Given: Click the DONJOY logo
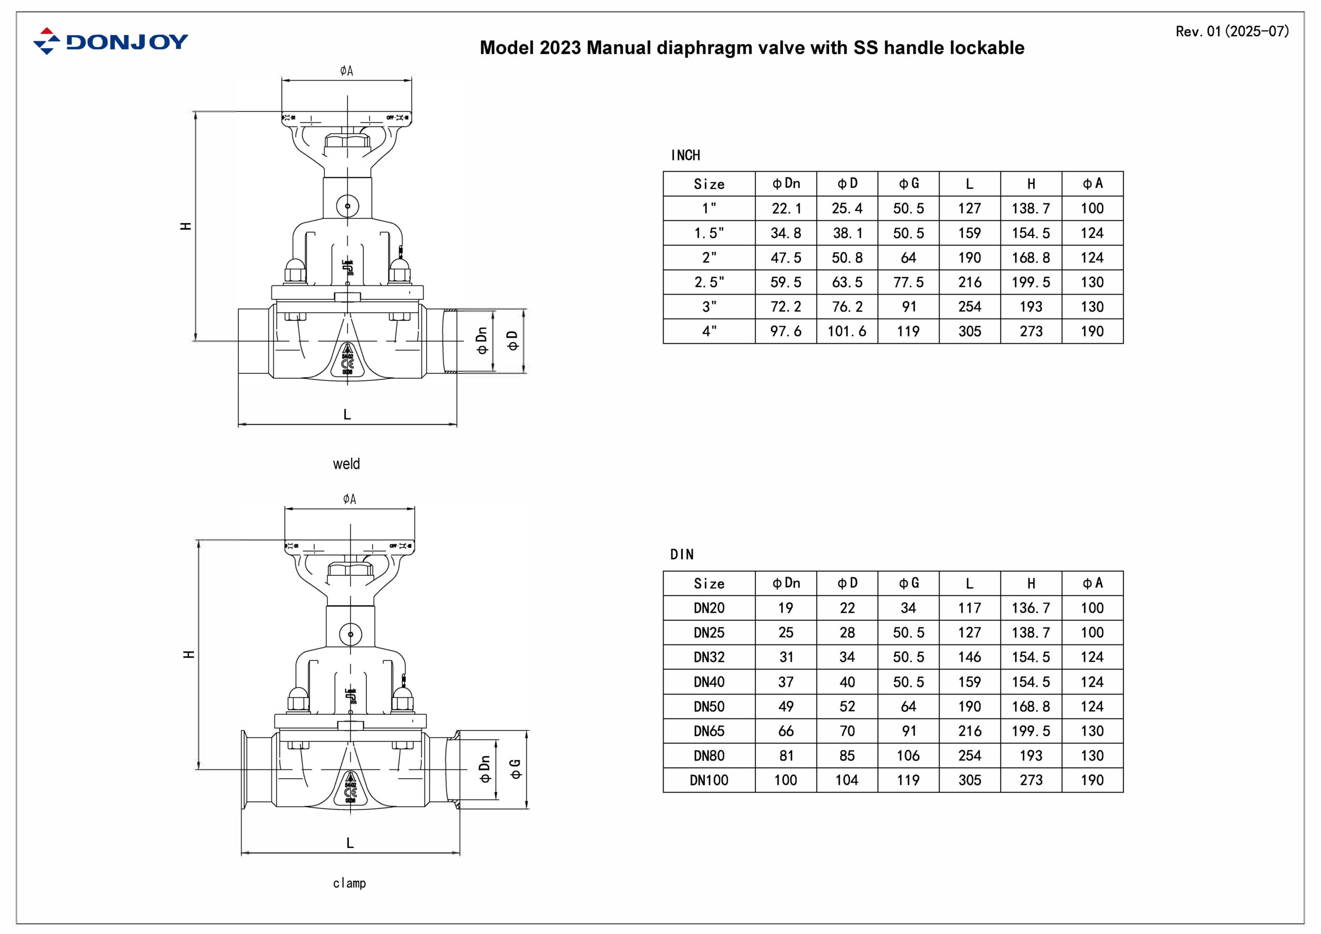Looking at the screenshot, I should point(110,41).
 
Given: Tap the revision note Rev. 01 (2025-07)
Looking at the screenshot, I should point(1232,31).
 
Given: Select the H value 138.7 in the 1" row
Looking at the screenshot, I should point(1030,208).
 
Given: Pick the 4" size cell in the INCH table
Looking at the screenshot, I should point(709,331).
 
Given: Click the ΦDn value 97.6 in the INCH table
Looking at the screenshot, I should point(785,331).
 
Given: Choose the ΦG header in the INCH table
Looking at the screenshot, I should point(909,184).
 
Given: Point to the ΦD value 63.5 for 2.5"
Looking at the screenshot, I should point(847,283).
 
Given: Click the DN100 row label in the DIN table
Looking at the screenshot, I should point(709,780).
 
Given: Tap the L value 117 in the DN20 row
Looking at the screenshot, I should point(970,608).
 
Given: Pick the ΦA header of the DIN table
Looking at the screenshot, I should point(1092,583).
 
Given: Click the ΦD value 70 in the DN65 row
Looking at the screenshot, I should point(847,731).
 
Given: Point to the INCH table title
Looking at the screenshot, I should point(685,155).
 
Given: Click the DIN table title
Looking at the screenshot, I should point(682,555).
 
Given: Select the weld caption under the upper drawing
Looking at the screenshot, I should point(346,464).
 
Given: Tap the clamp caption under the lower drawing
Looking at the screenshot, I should point(349,883).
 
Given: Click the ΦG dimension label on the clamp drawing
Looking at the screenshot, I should point(515,769).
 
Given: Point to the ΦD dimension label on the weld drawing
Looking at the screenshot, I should point(512,341).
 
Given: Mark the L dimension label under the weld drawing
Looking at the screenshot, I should point(347,414).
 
